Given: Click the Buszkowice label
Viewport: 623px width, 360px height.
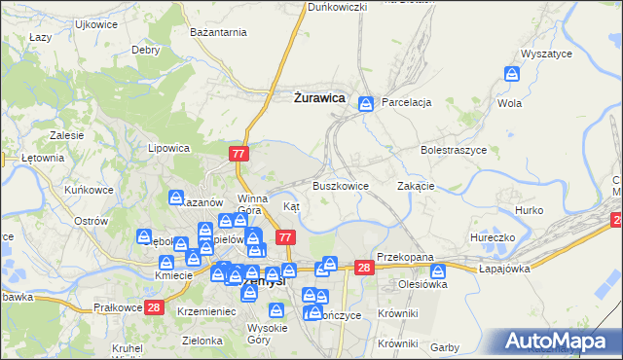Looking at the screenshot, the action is (x=340, y=185).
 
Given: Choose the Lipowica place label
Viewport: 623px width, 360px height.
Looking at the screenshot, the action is (x=167, y=149).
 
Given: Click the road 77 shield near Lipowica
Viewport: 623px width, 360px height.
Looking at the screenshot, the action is (x=240, y=154).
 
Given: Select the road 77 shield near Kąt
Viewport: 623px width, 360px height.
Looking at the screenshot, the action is (x=285, y=237).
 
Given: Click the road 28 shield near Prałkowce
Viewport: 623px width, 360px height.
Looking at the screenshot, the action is (x=154, y=308).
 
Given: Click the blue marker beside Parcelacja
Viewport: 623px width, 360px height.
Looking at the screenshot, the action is (x=366, y=103).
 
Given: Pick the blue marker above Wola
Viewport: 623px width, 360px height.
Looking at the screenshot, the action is (x=512, y=74).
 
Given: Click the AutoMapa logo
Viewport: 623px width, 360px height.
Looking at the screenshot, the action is (x=559, y=342).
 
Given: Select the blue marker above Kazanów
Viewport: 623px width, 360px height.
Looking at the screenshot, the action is (x=176, y=198).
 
